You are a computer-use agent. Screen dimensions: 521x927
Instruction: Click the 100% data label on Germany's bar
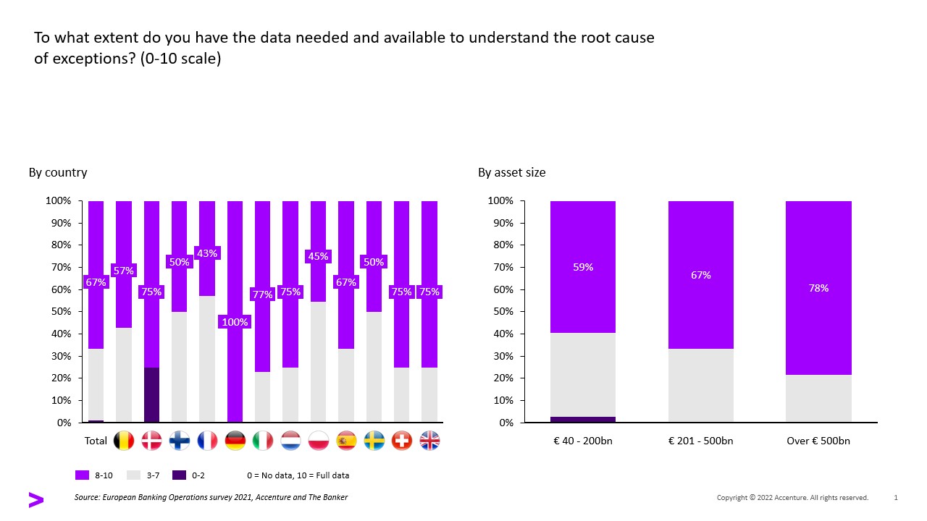[x=235, y=322]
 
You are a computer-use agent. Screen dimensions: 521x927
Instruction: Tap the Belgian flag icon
[x=124, y=441]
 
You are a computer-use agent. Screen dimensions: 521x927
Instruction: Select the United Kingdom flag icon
[x=429, y=441]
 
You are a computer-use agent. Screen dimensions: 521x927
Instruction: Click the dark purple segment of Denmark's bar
[x=151, y=394]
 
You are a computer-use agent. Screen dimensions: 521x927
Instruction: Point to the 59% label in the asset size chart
[x=583, y=267]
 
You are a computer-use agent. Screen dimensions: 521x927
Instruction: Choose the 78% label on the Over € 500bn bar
[x=818, y=288]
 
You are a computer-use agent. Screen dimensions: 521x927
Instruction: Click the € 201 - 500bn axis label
[x=700, y=441]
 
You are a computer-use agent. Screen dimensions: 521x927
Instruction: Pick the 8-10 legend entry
[x=94, y=475]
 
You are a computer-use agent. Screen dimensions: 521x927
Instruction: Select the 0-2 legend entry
[x=189, y=475]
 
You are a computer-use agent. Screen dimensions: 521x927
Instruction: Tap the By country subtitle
[x=58, y=172]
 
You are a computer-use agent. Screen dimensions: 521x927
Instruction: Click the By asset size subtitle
[x=511, y=172]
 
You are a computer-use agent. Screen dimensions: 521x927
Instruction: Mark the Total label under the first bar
[x=96, y=441]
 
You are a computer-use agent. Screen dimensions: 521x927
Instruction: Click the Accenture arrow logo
[x=35, y=499]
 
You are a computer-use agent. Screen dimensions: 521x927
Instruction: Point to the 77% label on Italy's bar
[x=262, y=295]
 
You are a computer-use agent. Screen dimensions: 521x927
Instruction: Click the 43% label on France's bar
[x=207, y=253]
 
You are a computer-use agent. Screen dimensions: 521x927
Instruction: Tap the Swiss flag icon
[x=402, y=441]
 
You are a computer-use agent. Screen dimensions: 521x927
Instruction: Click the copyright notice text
[x=792, y=498]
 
